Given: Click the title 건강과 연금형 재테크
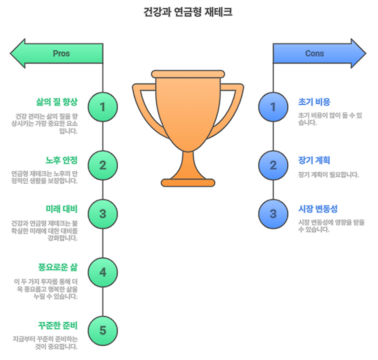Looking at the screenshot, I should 188,12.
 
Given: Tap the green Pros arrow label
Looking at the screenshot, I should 61,53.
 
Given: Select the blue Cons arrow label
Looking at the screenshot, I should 315,53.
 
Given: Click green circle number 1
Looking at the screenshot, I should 103,107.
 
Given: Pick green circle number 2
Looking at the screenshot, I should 103,165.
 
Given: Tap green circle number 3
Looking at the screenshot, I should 103,213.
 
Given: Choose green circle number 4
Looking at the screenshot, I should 103,272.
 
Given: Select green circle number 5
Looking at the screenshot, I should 103,331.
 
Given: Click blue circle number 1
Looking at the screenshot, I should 273,107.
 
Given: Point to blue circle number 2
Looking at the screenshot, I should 273,165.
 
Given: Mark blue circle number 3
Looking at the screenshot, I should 273,213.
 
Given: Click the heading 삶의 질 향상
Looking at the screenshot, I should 57,101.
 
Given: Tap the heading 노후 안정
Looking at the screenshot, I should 61,160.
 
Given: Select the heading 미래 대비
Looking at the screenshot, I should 61,208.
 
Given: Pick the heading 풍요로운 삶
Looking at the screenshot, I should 57,267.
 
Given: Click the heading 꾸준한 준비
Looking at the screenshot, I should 57,326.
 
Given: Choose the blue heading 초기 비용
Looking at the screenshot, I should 314,101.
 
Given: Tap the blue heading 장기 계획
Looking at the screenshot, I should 314,160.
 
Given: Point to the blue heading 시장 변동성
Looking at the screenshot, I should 318,208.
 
